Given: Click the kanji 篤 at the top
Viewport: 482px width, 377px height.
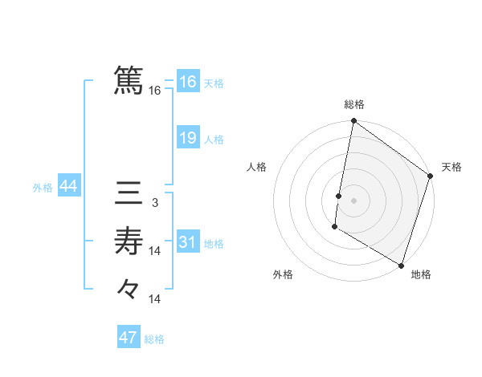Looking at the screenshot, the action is point(129,80).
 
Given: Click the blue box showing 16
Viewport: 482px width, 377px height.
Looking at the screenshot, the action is point(188,82).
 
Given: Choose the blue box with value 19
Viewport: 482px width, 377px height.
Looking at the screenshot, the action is point(188,138).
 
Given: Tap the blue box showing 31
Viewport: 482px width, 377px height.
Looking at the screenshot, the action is point(188,242).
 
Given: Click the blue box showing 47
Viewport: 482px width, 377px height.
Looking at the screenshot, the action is point(129,337).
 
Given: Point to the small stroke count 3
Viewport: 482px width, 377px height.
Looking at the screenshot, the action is point(155,204).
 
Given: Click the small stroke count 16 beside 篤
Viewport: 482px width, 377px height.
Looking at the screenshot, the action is point(155,91).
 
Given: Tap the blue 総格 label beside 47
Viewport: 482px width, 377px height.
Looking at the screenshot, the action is point(154,339).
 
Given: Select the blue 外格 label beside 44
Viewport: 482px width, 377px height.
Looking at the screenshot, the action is point(43,188).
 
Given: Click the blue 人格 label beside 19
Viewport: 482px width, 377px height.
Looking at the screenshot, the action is point(214,140).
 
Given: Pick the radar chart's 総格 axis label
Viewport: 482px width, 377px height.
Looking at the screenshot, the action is point(354,105).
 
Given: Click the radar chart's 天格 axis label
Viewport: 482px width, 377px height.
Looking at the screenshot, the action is point(451,167).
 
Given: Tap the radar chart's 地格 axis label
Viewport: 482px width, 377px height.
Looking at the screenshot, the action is point(421,274).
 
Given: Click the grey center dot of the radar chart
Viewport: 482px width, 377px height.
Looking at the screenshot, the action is point(354,201).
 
